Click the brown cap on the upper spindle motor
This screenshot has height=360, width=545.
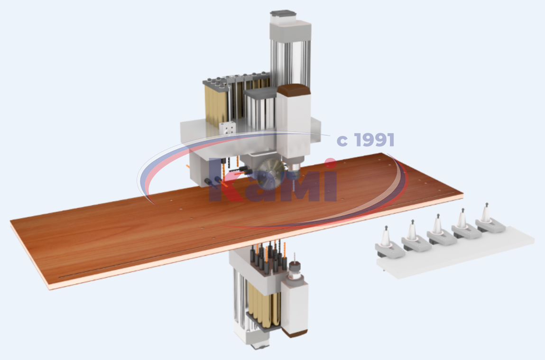click(294, 90)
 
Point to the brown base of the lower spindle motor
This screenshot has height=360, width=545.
click(294, 333)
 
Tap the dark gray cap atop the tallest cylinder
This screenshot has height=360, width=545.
click(283, 14)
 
